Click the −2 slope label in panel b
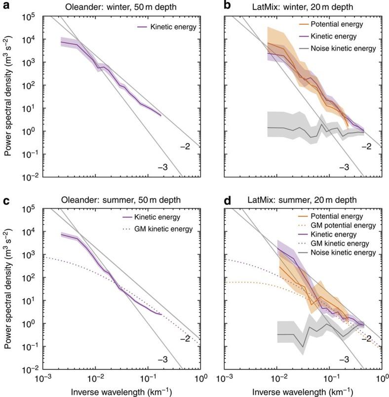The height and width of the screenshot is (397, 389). pyautogui.click(x=365, y=147)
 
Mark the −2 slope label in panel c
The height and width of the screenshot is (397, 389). pyautogui.click(x=185, y=339)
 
